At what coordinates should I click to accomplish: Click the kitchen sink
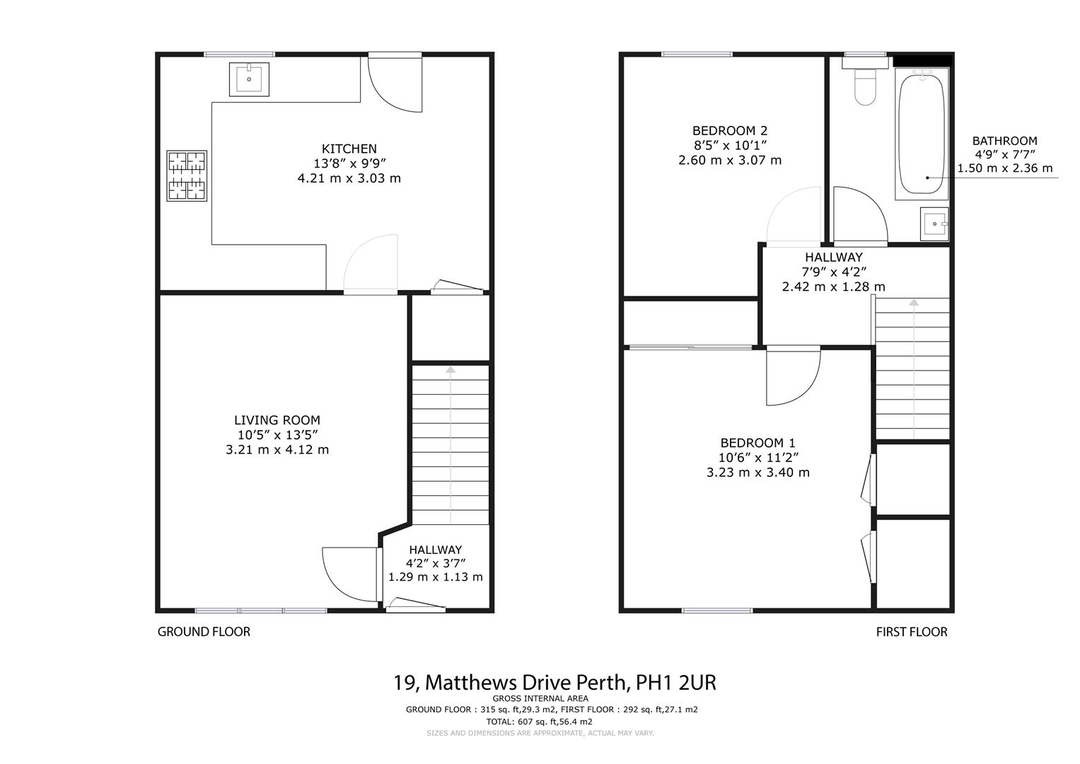[249, 79]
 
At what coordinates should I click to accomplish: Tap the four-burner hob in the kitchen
[187, 175]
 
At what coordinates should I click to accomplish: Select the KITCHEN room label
[349, 149]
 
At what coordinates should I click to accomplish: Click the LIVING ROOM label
[277, 420]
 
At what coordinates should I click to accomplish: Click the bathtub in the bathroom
[921, 133]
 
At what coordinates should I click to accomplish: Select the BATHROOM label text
[1004, 141]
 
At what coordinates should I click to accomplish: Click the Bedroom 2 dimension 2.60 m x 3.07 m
[730, 160]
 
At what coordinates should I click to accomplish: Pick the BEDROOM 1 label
[757, 443]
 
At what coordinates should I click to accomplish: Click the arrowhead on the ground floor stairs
[450, 369]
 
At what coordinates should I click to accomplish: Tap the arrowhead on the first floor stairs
[914, 302]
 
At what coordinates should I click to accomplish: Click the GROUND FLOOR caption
[204, 632]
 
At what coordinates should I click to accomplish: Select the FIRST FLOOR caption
[912, 632]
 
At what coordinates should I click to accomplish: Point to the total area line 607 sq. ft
[540, 722]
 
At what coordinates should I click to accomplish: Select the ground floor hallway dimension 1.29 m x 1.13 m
[436, 577]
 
